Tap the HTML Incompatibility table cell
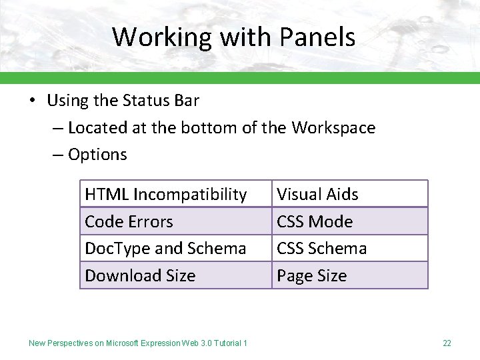tap(176, 194)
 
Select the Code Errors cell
tap(176, 221)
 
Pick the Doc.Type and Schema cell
tap(176, 248)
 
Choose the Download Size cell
tap(176, 275)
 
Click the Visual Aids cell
tap(350, 194)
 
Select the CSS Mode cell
tap(350, 221)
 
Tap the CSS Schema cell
tap(350, 248)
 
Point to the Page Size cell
tap(350, 275)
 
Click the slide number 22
tap(447, 343)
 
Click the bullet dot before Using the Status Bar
tap(32, 101)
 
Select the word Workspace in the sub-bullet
tap(333, 127)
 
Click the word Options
tap(97, 155)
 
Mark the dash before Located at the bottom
tap(58, 127)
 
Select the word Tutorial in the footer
tap(227, 343)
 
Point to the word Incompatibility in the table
tap(190, 194)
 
